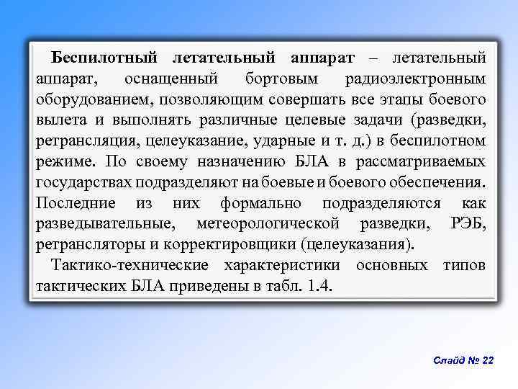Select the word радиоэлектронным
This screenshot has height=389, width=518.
tap(415, 78)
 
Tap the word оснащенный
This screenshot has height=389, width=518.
tap(171, 78)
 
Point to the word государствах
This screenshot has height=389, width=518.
tap(89, 182)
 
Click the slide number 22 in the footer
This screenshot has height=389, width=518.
tap(487, 360)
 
